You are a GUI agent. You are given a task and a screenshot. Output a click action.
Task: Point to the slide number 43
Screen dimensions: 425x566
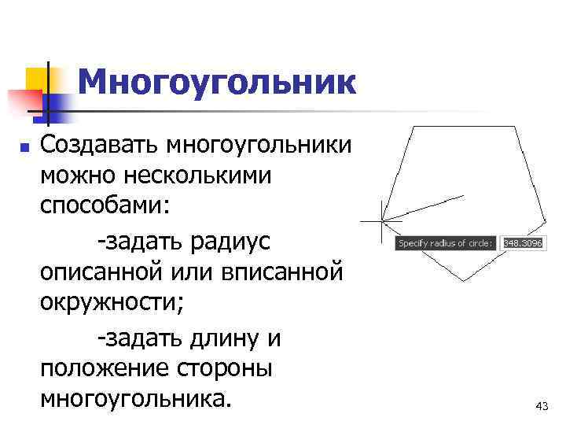(x=541, y=406)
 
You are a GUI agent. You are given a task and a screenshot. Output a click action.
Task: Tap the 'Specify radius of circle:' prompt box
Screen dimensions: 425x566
(x=446, y=244)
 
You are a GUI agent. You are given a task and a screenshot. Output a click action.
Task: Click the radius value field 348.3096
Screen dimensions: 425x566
(x=523, y=244)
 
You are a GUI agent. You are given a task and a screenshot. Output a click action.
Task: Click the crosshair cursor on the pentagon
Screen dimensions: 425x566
(x=380, y=221)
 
